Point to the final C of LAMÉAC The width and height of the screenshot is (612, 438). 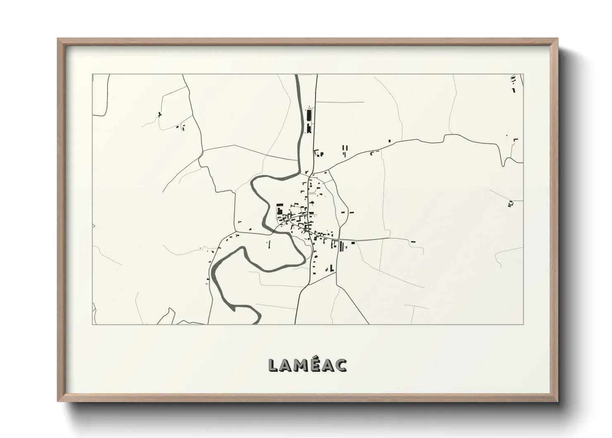342,365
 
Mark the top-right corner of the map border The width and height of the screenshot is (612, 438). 523,74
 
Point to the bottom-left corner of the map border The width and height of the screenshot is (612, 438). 92,324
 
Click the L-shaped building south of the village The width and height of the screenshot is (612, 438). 332,269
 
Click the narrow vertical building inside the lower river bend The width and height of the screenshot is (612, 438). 269,244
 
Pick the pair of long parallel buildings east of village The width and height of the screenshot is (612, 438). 341,247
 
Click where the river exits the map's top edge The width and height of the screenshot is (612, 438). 297,75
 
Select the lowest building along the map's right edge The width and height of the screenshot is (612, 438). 510,203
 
